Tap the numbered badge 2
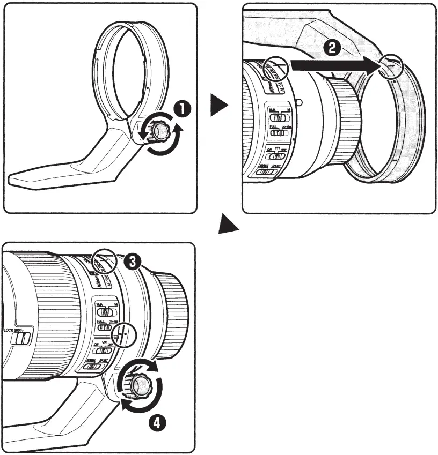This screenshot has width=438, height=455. (x=332, y=49)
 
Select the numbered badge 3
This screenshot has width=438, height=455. (x=132, y=261)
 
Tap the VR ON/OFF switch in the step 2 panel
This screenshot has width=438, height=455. (x=277, y=155)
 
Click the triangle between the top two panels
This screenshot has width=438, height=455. (x=218, y=105)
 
